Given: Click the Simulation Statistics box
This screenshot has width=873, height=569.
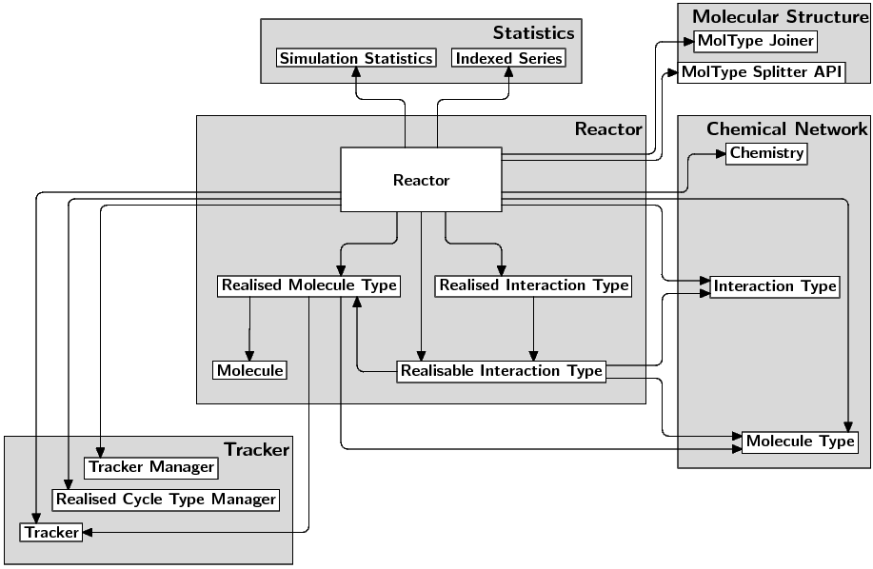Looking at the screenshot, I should [356, 59].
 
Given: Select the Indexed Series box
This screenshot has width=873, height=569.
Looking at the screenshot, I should [508, 59].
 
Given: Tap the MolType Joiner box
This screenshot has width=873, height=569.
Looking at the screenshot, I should [755, 41].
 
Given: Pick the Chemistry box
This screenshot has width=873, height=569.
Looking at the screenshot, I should [766, 153].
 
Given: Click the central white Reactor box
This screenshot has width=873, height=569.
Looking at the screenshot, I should [421, 180].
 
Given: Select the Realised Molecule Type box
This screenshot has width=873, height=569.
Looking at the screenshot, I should [308, 285].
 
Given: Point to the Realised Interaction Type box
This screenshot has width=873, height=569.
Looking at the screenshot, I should [533, 285].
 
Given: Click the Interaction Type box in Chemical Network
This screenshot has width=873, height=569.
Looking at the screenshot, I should [775, 286].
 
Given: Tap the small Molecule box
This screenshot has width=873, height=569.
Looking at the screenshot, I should [249, 370].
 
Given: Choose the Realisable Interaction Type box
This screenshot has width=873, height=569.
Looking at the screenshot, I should [501, 371].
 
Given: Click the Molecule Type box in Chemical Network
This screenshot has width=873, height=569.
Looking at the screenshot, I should [800, 441].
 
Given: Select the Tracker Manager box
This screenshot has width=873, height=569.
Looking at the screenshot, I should [151, 468].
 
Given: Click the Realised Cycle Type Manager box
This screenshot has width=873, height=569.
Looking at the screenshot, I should [166, 500].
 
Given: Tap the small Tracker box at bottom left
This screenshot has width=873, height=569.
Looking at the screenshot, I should [51, 533].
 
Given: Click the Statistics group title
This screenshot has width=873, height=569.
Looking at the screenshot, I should [533, 33].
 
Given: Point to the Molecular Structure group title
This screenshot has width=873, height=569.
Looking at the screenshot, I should [780, 16].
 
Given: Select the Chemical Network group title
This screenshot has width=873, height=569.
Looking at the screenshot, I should [786, 129].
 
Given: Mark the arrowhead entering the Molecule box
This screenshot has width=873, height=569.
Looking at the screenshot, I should [249, 355].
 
